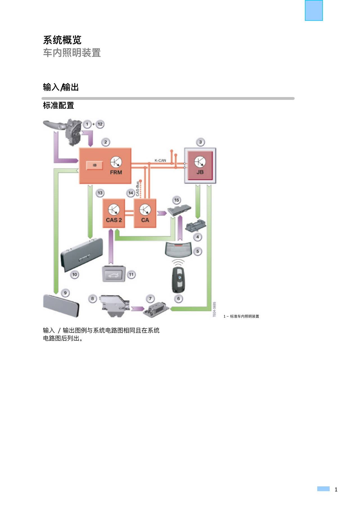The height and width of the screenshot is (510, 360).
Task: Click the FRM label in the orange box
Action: [x=116, y=172]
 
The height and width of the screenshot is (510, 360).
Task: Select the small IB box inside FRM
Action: [x=94, y=165]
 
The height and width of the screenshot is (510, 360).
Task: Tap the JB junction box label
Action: [x=200, y=172]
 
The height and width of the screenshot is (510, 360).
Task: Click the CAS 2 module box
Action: [x=114, y=213]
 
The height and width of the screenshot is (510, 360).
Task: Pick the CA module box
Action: [x=145, y=213]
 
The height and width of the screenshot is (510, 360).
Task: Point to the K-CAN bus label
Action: [x=160, y=160]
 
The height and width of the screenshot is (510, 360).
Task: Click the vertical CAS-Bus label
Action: [x=137, y=189]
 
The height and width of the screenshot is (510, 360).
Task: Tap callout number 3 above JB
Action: [x=200, y=142]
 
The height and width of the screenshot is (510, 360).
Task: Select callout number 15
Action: [x=176, y=200]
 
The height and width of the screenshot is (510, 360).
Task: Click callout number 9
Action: [x=65, y=293]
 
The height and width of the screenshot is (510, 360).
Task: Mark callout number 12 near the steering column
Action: [x=100, y=124]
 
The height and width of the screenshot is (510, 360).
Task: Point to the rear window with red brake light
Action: [x=178, y=249]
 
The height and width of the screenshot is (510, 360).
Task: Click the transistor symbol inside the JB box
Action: [x=200, y=162]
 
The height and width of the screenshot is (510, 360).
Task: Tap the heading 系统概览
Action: [x=62, y=40]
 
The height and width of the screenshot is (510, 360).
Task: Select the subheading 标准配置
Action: [x=58, y=105]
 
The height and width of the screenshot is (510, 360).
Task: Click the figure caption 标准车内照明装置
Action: [x=244, y=316]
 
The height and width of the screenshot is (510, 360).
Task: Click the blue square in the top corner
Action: [x=314, y=10]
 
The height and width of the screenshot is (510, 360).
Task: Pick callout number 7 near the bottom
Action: [x=150, y=298]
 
